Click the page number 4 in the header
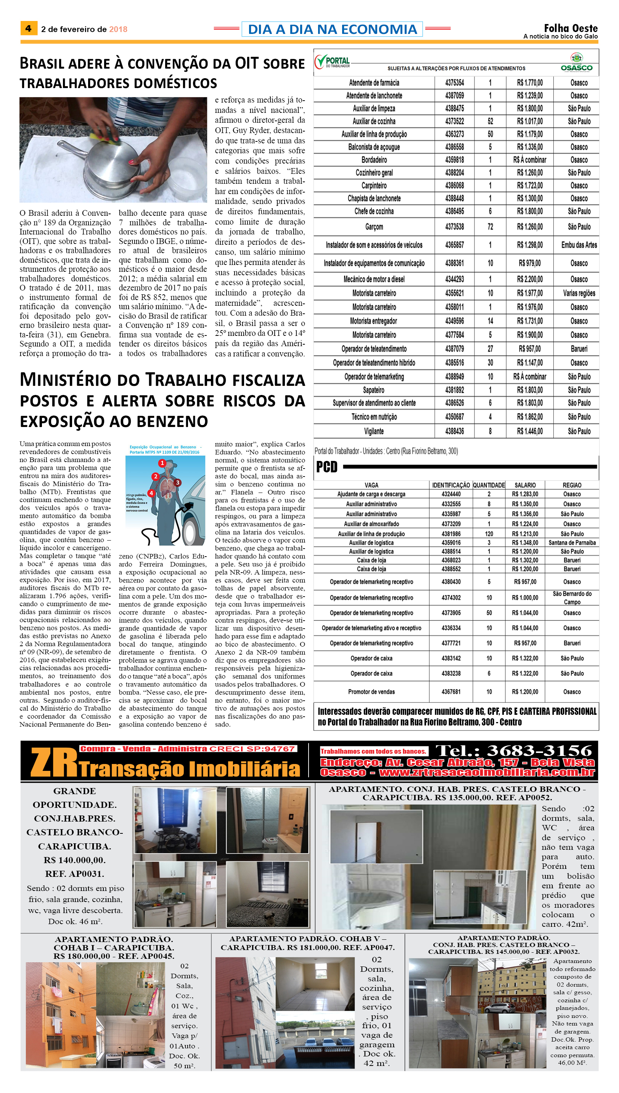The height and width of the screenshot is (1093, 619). click(x=28, y=29)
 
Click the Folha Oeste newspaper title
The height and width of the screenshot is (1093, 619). click(x=571, y=28)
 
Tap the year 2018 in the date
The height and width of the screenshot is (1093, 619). click(x=118, y=29)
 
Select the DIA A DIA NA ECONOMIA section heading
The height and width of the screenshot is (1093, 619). click(x=332, y=29)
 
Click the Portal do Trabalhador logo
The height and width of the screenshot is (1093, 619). click(x=333, y=62)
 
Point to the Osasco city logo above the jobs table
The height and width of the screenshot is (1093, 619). click(x=577, y=63)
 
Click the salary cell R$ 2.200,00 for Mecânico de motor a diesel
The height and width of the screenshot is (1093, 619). click(x=530, y=279)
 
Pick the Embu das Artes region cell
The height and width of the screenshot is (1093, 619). click(x=579, y=245)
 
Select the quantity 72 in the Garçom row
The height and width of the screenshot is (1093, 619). click(x=490, y=227)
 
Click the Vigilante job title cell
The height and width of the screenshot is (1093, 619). click(x=374, y=431)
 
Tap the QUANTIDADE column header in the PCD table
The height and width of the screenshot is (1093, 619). click(x=489, y=485)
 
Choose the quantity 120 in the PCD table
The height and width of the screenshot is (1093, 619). click(x=489, y=534)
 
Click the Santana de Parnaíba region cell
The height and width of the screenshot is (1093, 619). click(x=572, y=542)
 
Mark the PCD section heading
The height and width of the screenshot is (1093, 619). click(x=326, y=467)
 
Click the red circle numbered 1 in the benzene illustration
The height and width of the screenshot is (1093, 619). click(x=162, y=463)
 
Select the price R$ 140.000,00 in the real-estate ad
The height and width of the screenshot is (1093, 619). click(x=74, y=860)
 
